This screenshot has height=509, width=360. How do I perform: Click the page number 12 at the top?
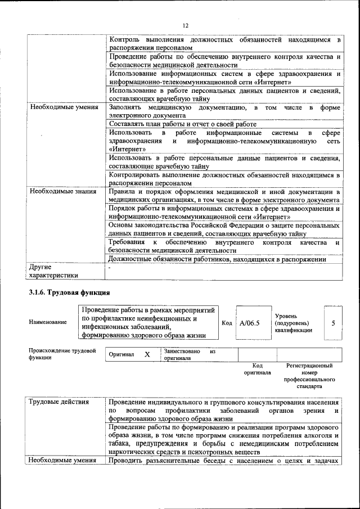186,25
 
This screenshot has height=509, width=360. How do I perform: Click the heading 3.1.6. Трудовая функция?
65,293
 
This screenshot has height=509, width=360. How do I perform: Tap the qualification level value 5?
333,323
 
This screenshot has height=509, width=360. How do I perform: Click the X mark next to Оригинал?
147,355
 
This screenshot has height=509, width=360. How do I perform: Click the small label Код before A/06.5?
227,323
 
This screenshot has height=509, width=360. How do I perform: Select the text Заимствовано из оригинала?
189,354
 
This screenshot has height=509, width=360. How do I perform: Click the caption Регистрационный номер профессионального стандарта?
309,376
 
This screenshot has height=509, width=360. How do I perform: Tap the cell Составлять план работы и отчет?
182,124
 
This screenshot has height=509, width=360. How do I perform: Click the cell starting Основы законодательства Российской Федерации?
224,229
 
